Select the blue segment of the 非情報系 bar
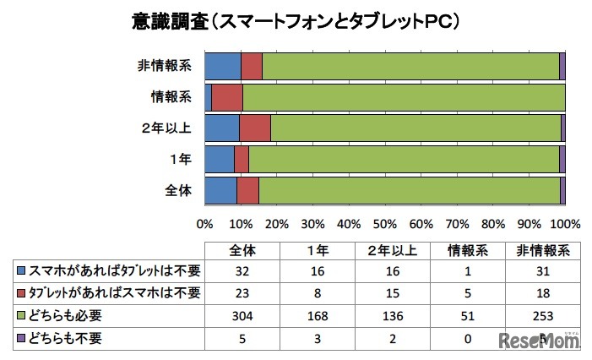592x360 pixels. click(222, 66)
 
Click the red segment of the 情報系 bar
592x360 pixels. click(226, 97)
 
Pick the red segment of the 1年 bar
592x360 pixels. click(241, 159)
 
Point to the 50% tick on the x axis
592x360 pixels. click(384, 225)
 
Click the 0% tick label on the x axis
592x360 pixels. click(204, 225)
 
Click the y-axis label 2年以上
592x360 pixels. click(168, 128)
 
